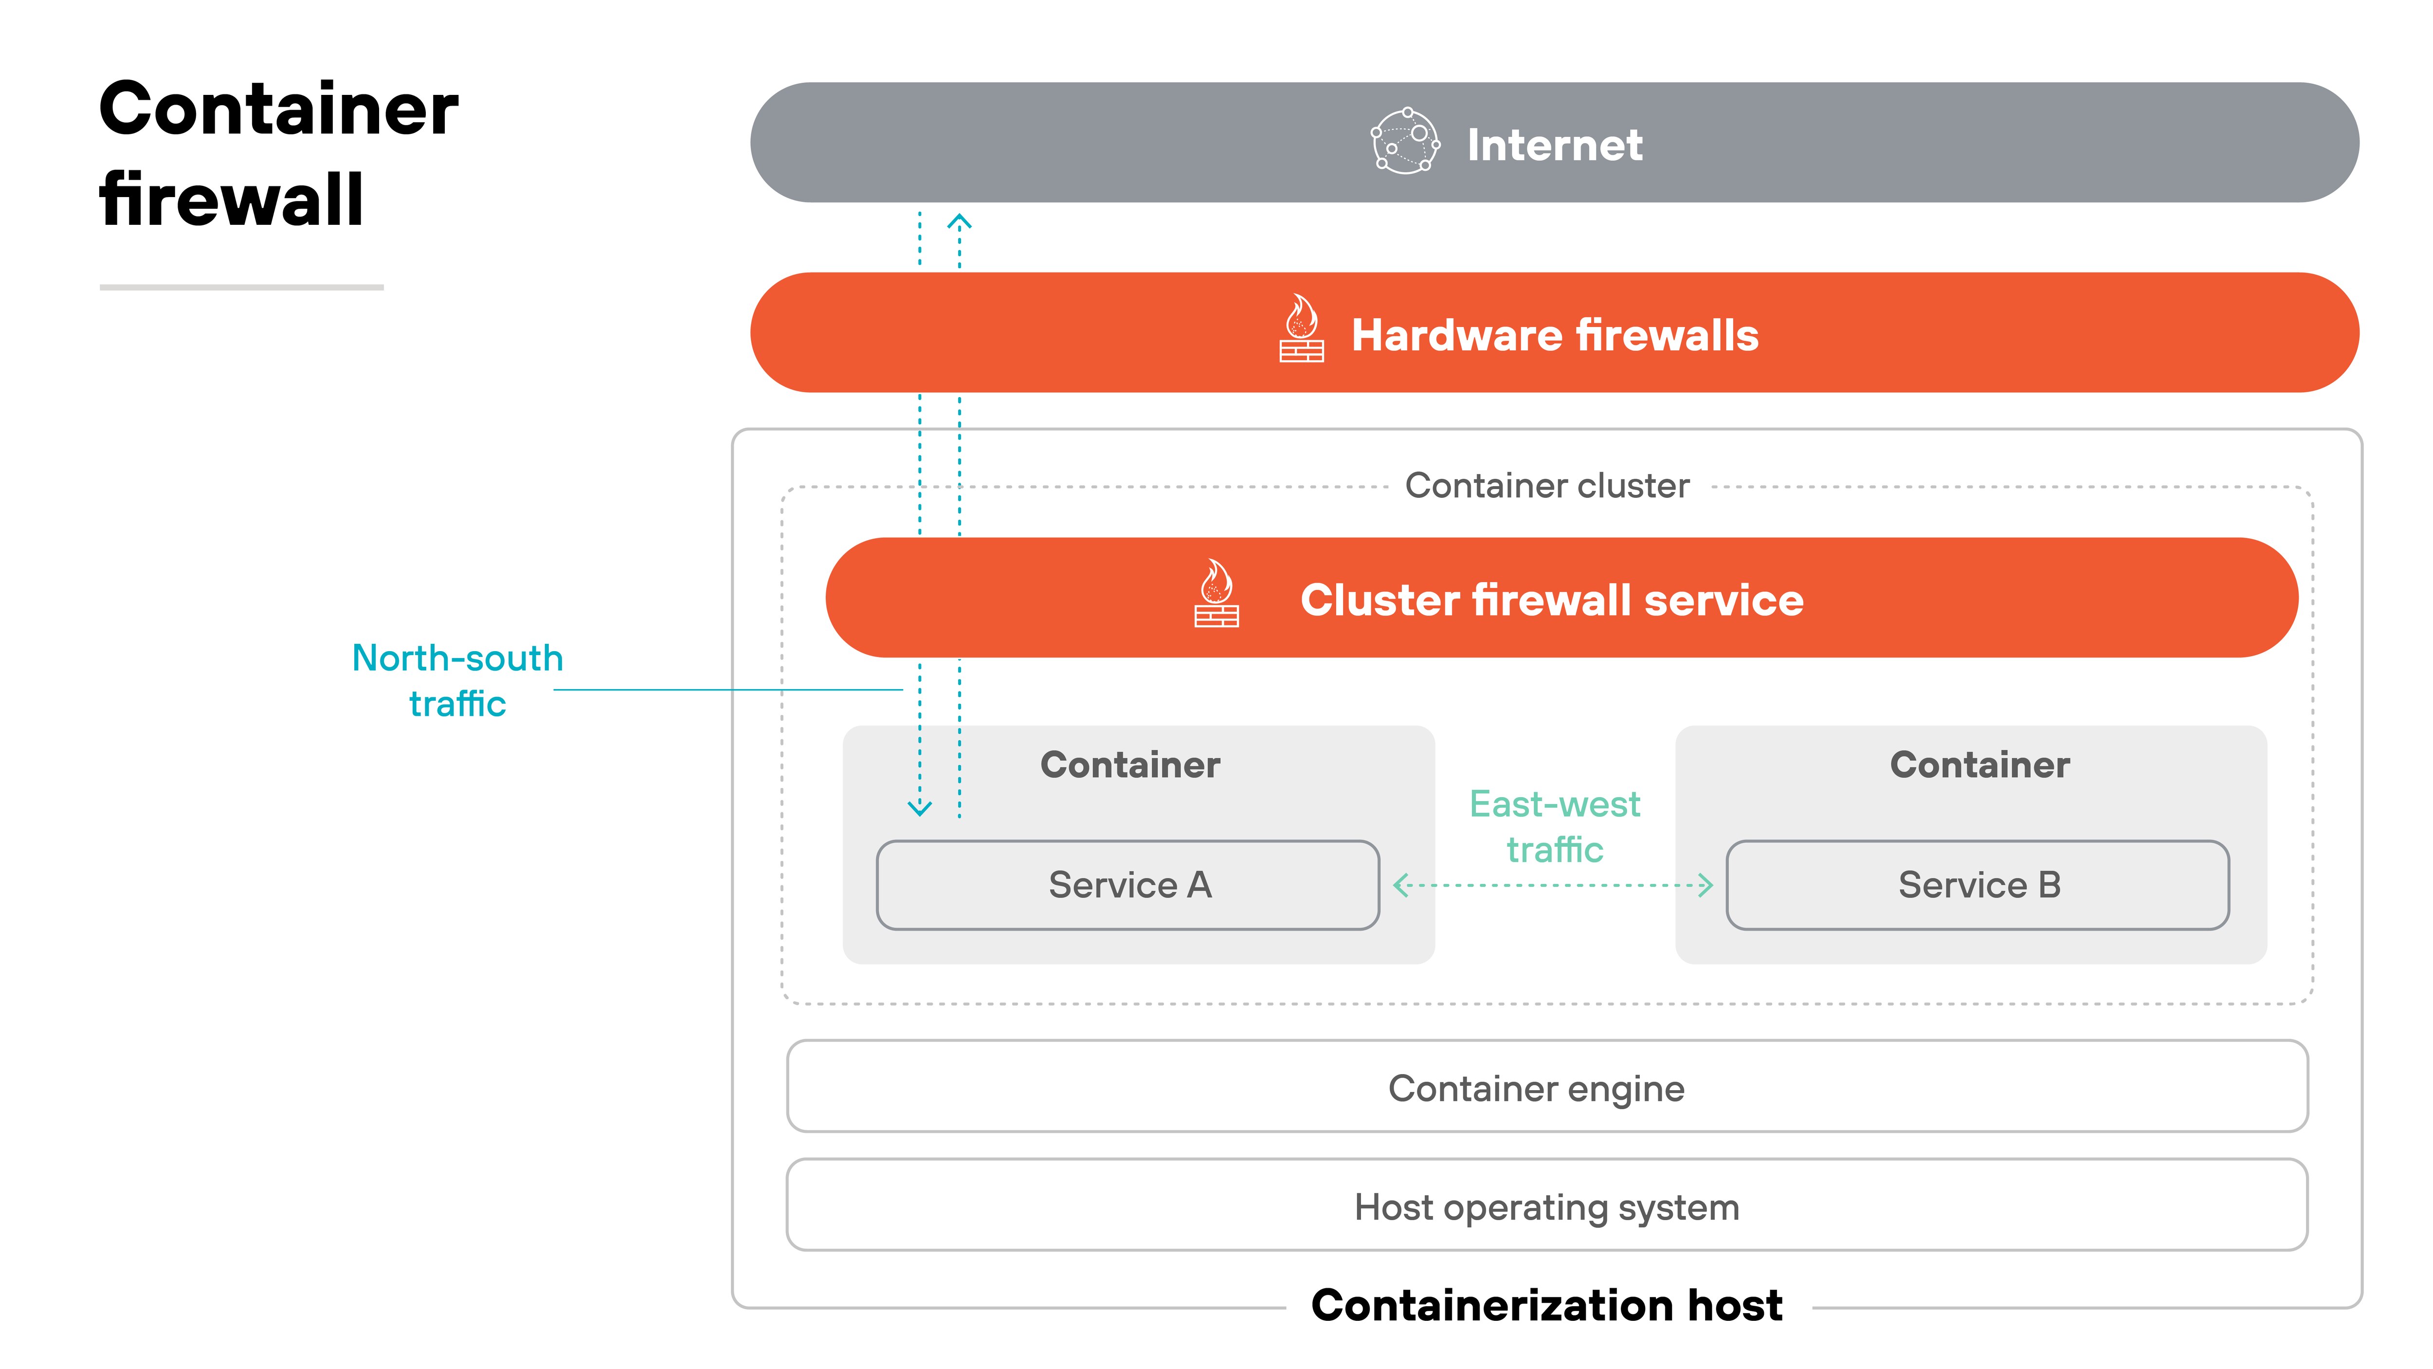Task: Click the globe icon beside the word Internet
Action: pyautogui.click(x=1405, y=142)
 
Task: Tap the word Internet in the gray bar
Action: pyautogui.click(x=1555, y=145)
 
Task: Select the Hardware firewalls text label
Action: pyautogui.click(x=1555, y=334)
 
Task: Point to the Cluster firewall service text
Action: pyautogui.click(x=1552, y=600)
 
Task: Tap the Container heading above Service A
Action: pyautogui.click(x=1129, y=765)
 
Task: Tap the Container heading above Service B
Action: pyautogui.click(x=1979, y=765)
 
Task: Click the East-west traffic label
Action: pyautogui.click(x=1555, y=827)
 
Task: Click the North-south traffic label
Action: pyautogui.click(x=457, y=680)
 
